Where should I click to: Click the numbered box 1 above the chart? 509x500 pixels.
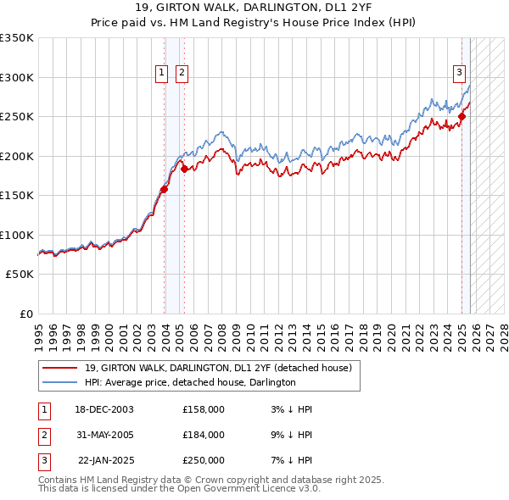pyautogui.click(x=161, y=74)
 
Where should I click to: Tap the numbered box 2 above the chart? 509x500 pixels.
pyautogui.click(x=182, y=74)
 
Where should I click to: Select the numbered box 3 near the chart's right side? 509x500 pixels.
pyautogui.click(x=459, y=74)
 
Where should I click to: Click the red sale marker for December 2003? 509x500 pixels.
pyautogui.click(x=165, y=190)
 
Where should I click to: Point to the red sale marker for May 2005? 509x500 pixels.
pyautogui.click(x=184, y=169)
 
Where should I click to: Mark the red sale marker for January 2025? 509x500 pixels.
pyautogui.click(x=462, y=117)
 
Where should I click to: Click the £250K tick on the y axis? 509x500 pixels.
pyautogui.click(x=17, y=117)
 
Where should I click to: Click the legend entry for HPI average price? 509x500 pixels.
pyautogui.click(x=189, y=382)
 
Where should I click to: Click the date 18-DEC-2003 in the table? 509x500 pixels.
pyautogui.click(x=103, y=409)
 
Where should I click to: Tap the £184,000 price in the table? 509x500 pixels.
pyautogui.click(x=204, y=435)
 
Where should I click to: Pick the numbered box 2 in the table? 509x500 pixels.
pyautogui.click(x=43, y=435)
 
